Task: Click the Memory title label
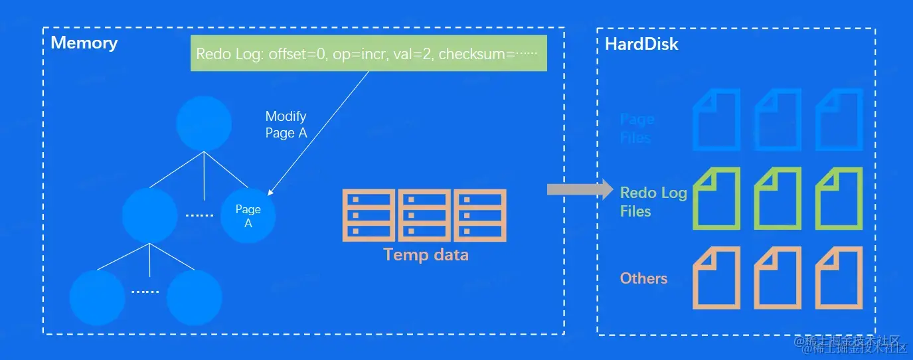point(84,43)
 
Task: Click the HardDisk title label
point(641,45)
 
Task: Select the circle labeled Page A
point(248,216)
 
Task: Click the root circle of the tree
point(204,124)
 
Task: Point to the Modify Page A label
point(286,124)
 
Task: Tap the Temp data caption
point(426,254)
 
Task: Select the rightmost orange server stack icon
point(480,215)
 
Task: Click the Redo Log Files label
point(653,202)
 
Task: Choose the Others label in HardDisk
point(643,278)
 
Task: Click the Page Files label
point(636,128)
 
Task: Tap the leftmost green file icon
point(716,199)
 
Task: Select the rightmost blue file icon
point(839,120)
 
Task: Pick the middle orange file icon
point(778,278)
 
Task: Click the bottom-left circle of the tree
point(97,298)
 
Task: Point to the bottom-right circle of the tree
point(194,298)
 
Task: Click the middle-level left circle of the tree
point(150,215)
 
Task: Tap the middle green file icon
point(778,199)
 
